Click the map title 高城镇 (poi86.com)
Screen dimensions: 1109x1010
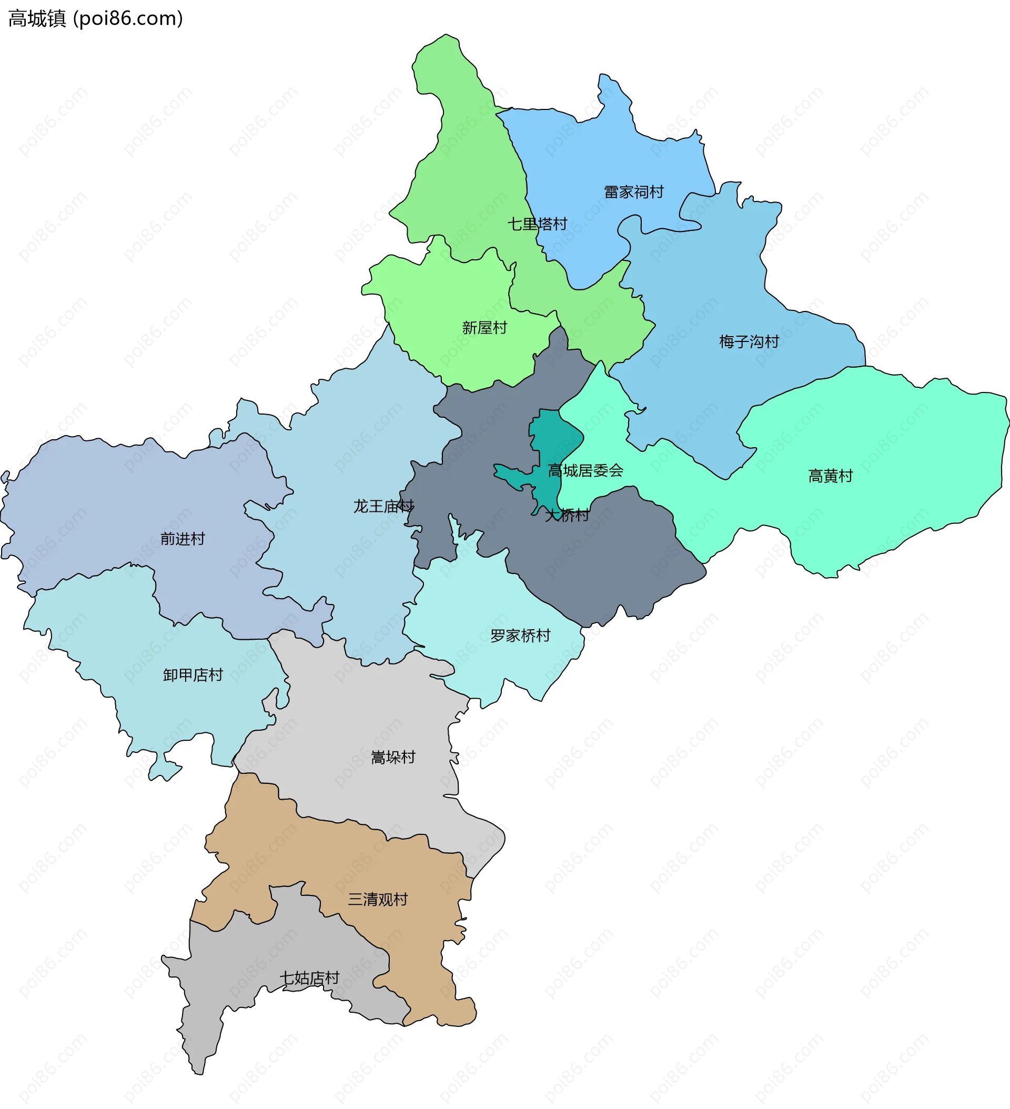[95, 19]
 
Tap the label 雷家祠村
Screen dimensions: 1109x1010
[634, 192]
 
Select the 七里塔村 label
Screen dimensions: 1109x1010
[537, 224]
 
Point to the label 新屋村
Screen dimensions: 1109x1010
[484, 328]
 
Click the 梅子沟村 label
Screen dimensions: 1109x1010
[749, 341]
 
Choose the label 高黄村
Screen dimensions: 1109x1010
[830, 476]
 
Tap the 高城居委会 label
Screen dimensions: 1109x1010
[585, 470]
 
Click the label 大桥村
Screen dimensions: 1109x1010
[567, 515]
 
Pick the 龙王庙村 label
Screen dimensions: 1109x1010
[383, 506]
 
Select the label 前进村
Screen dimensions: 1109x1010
[183, 539]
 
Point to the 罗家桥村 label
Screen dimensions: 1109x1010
[520, 636]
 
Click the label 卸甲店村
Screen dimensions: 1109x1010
[193, 674]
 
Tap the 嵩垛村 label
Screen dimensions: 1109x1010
[393, 758]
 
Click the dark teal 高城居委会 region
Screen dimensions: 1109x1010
[548, 440]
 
